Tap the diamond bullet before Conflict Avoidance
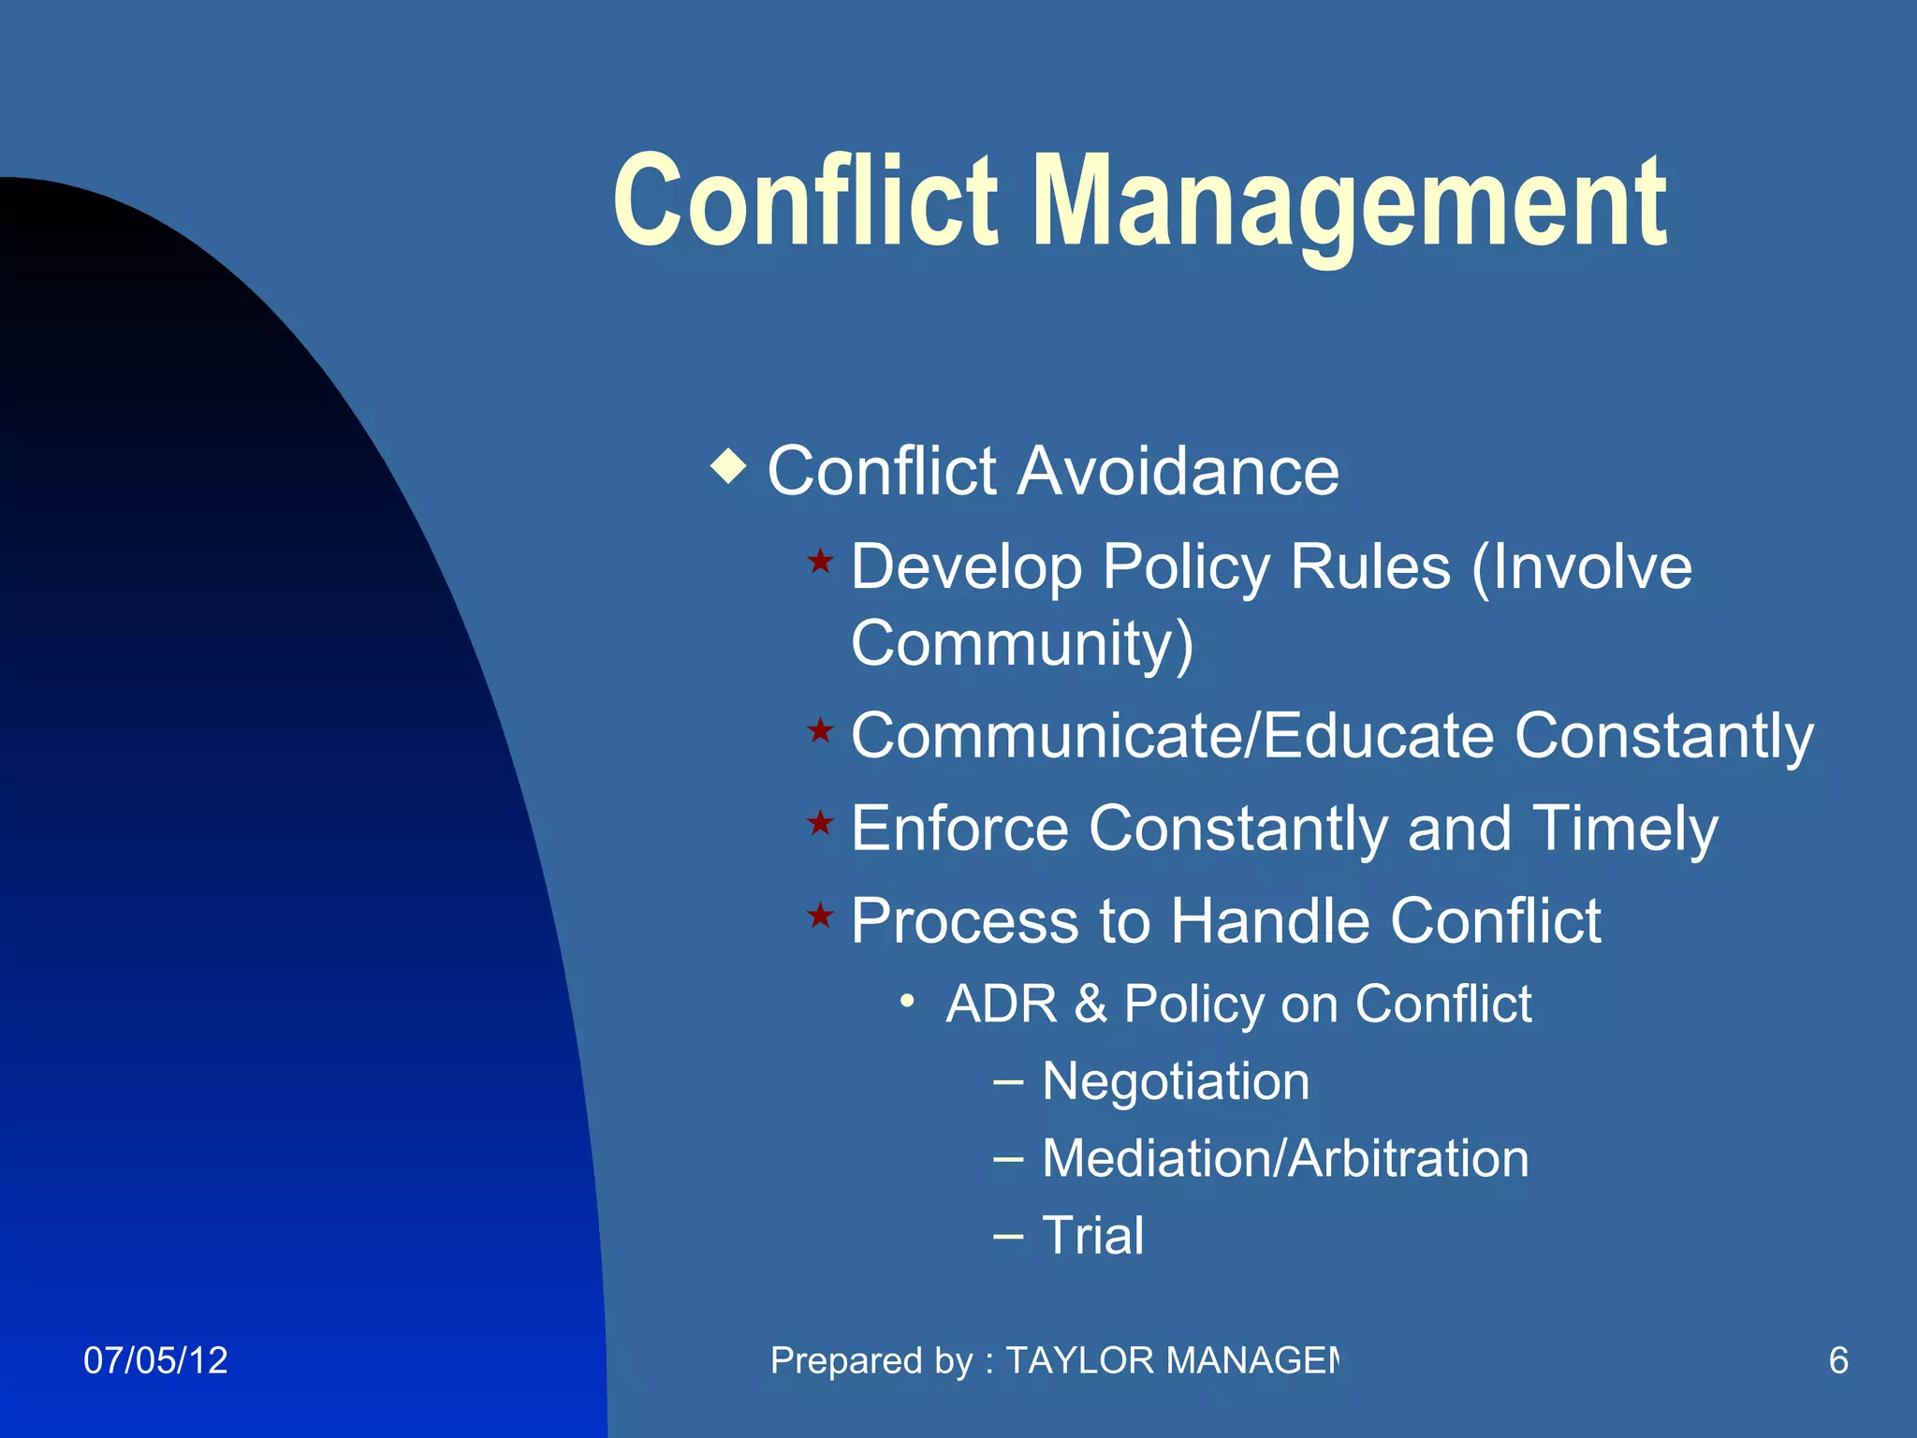728,465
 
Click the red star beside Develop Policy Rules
820,562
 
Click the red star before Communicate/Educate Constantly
820,730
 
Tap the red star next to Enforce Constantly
820,823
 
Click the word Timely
1625,830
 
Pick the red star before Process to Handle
820,915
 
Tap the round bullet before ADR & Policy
906,1002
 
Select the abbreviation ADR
1001,1005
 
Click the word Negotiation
1176,1082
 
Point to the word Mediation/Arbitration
1285,1159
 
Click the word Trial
1092,1236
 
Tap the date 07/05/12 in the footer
155,1360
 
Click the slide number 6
1838,1360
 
